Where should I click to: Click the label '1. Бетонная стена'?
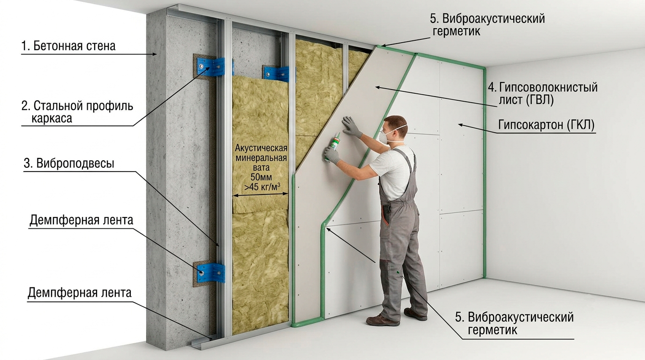[68, 46]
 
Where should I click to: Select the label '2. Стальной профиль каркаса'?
[77, 112]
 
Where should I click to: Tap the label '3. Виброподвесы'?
[69, 163]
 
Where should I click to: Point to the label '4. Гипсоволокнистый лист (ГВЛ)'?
[542, 93]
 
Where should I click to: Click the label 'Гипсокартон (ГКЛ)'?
[546, 125]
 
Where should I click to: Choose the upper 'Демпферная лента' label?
[81, 220]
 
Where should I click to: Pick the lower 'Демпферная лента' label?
[80, 292]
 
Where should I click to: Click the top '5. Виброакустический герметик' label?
[487, 24]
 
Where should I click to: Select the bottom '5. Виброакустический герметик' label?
[514, 323]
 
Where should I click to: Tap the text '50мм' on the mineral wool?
[261, 177]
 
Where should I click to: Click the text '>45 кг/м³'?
[262, 187]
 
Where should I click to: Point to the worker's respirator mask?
[385, 136]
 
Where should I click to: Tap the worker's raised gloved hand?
[351, 127]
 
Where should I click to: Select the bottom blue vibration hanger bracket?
[211, 272]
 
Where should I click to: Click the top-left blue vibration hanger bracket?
[211, 67]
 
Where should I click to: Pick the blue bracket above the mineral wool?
[277, 74]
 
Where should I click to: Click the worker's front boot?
[382, 320]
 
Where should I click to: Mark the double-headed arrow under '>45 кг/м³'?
[260, 195]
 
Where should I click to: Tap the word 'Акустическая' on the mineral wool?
[261, 148]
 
